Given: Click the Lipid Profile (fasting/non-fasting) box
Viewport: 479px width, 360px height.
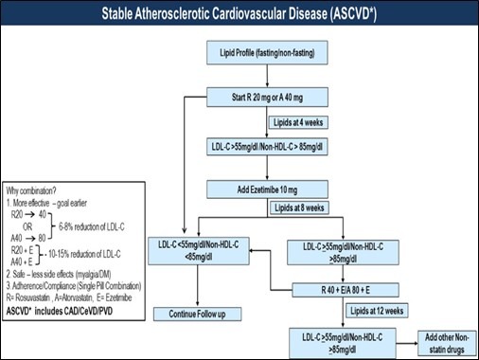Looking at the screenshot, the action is coord(267,53).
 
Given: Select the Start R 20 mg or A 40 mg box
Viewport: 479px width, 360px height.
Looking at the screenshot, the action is coord(267,97).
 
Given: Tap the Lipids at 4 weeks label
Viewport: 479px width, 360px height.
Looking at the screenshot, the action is coord(298,122).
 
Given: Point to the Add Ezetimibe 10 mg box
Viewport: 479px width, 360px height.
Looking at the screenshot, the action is coord(267,189).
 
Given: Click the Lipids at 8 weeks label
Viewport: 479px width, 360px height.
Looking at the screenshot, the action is coord(299,207).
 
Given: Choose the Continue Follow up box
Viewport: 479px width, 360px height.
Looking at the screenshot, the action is coord(198,314).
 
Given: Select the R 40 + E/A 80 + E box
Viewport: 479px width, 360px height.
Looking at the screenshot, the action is coord(346,290).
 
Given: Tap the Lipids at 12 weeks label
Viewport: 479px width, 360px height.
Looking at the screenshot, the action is coord(377,311).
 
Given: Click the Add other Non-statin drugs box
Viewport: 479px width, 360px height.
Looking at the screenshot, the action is coord(447,343).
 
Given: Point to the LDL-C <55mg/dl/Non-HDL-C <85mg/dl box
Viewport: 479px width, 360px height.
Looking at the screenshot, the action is coord(199,251).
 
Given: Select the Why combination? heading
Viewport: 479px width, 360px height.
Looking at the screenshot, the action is coord(31,190).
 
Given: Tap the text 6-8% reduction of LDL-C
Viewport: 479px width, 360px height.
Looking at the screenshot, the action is coord(92,226).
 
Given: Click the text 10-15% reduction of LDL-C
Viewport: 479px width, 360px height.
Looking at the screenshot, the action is coord(84,254).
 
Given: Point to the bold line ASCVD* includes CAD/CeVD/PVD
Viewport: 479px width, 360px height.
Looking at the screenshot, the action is coord(60,311).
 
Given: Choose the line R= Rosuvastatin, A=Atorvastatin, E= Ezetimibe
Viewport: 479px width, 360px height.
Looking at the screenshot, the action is coord(69,297).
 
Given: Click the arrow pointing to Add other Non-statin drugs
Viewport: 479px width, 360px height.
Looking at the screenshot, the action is coord(407,343).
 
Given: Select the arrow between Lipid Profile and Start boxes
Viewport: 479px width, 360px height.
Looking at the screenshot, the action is coord(267,76).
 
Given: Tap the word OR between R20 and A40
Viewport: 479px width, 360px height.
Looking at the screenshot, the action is coord(27,226).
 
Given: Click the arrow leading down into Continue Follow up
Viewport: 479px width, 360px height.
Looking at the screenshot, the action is coord(198,286).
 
